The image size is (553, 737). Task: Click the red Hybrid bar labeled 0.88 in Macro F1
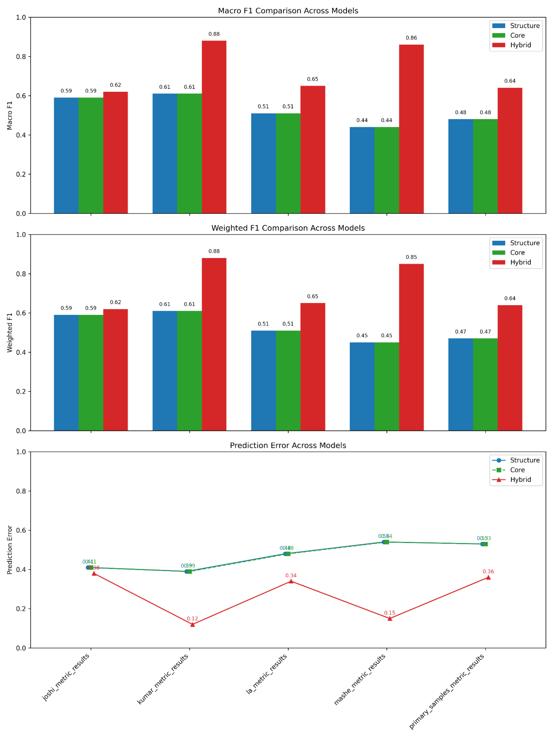(x=214, y=127)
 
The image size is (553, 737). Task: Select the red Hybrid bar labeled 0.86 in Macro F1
(x=411, y=129)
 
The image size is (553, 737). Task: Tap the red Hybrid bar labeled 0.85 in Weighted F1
(x=411, y=347)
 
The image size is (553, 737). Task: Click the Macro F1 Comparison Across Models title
(x=288, y=11)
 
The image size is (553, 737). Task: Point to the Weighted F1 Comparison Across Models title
(x=288, y=228)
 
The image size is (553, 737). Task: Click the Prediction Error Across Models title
(x=288, y=445)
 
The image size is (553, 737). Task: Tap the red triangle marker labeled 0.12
(x=192, y=624)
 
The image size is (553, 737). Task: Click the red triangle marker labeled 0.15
(x=390, y=618)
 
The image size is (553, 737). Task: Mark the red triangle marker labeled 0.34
(x=291, y=581)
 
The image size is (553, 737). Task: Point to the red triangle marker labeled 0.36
(x=488, y=577)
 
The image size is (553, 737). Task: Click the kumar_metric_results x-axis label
(x=163, y=679)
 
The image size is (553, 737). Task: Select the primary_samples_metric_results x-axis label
(x=447, y=691)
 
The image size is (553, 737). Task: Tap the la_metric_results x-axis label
(x=267, y=674)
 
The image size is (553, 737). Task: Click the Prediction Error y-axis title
(x=10, y=550)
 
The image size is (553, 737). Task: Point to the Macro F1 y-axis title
(x=10, y=115)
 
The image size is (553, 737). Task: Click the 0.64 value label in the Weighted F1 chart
(x=510, y=298)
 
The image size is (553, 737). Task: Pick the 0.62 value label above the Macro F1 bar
(x=115, y=85)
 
